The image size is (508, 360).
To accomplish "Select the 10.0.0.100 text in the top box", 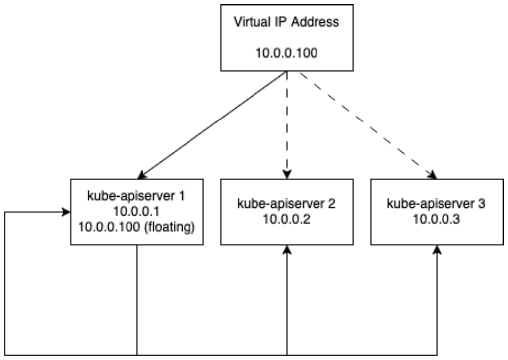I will click(x=287, y=52).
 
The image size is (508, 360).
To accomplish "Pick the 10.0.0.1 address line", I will click(x=137, y=212).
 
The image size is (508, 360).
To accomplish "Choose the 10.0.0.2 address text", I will click(x=287, y=220).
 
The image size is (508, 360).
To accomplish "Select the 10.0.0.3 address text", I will click(x=437, y=220).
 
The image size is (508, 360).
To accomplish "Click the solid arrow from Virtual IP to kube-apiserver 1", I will click(x=213, y=124).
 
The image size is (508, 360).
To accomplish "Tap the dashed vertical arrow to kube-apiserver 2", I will click(x=287, y=124).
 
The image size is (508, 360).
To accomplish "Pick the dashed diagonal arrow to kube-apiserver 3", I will click(x=362, y=124).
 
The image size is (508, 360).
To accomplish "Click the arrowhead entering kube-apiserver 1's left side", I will click(x=66, y=212).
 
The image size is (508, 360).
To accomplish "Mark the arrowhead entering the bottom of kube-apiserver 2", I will click(x=287, y=249).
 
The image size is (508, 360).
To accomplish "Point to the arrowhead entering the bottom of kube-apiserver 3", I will click(x=437, y=249).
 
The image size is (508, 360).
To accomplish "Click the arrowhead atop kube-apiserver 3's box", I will click(x=433, y=175).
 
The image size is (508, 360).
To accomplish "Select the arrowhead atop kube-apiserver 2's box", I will click(x=287, y=175).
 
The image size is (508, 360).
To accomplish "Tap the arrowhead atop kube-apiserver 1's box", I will click(x=142, y=175).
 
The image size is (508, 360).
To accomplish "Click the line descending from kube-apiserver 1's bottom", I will click(x=137, y=298).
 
